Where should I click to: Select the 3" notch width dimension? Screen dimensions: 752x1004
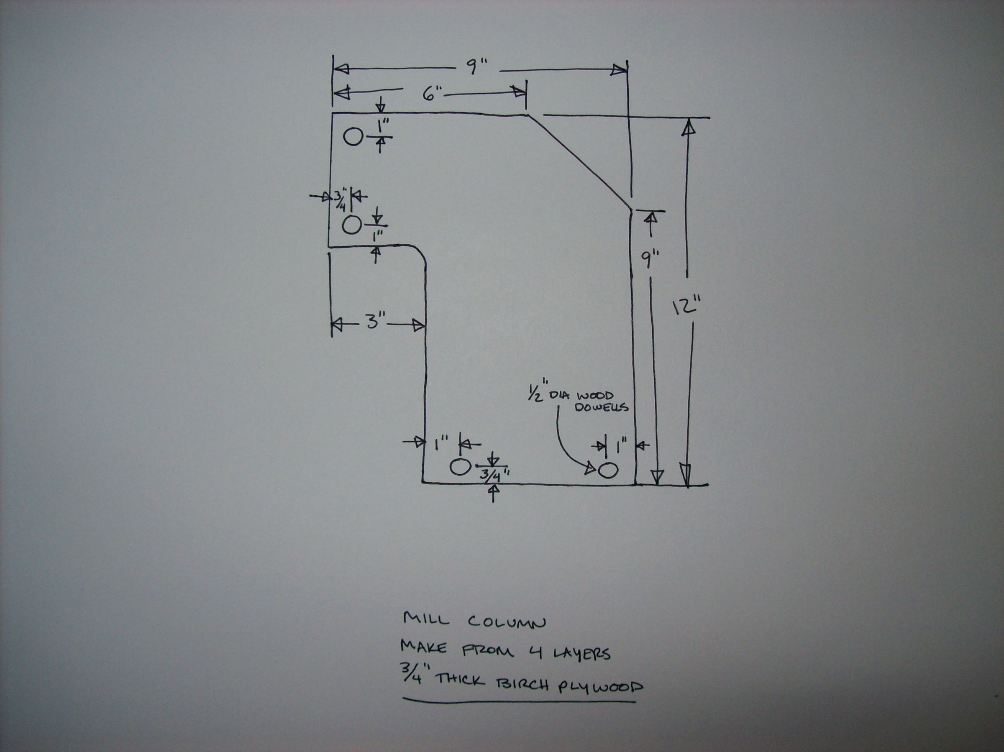(x=373, y=323)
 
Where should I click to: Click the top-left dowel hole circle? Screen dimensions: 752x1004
(x=353, y=137)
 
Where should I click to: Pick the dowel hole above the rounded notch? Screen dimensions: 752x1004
(x=351, y=225)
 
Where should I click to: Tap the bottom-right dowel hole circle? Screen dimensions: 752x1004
(x=608, y=470)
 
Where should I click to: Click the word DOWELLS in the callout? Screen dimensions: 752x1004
(x=602, y=407)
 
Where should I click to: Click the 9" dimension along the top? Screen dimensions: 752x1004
(x=476, y=69)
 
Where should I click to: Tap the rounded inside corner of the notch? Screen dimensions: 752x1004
(x=420, y=254)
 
